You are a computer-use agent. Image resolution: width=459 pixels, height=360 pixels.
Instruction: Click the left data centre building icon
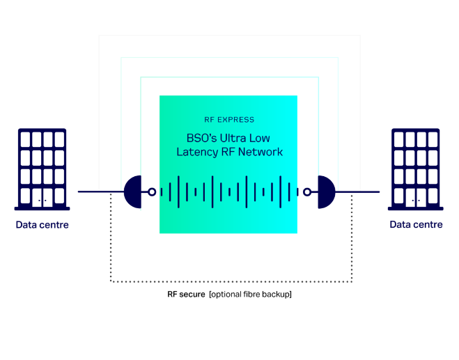[x=42, y=169]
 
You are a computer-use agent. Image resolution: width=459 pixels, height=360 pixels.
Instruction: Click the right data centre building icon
[x=416, y=169]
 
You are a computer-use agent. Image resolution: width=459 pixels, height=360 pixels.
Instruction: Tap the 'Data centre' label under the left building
[x=42, y=225]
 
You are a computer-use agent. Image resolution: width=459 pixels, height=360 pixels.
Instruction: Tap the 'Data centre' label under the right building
[x=416, y=224]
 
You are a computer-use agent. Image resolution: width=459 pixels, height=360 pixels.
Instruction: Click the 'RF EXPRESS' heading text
[x=229, y=120]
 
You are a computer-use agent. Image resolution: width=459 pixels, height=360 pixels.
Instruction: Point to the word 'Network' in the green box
[x=260, y=152]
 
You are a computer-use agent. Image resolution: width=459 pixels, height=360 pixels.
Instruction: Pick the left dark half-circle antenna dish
[x=132, y=192]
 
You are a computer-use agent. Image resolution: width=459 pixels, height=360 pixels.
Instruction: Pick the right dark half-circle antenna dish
[x=327, y=192]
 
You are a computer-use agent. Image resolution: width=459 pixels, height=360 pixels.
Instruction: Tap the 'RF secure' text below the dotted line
[x=186, y=294]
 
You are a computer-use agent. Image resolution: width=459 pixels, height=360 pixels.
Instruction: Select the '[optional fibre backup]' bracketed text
[x=250, y=294]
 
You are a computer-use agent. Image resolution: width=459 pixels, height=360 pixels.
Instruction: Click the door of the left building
[x=42, y=198]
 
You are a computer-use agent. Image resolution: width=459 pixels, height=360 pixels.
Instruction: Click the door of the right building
[x=416, y=198]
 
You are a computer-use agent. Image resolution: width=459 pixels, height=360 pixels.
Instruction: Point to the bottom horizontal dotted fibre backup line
[x=231, y=281]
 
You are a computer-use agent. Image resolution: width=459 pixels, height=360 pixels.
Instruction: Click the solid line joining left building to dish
[x=101, y=191]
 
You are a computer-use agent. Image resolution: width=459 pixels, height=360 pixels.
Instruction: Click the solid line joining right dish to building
[x=357, y=191]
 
